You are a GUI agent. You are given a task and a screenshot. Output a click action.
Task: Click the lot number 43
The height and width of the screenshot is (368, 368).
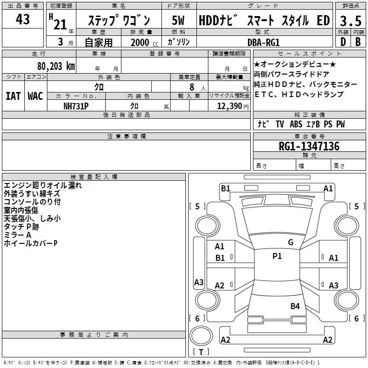[23, 20]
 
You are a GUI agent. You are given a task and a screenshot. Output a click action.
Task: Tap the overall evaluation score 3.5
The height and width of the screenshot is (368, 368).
[350, 21]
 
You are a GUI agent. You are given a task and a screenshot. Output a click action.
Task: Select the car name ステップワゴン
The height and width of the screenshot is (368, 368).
[119, 21]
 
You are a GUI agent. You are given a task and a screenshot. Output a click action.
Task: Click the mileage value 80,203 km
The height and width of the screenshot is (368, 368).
[56, 66]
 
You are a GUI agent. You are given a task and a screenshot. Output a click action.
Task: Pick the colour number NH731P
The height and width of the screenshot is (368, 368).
[76, 105]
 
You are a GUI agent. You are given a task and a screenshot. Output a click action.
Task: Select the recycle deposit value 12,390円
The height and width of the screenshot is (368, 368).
[229, 106]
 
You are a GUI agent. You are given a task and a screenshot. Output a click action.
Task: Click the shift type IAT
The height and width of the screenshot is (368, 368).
[13, 96]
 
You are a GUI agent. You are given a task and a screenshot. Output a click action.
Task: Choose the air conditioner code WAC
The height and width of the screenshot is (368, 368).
[35, 96]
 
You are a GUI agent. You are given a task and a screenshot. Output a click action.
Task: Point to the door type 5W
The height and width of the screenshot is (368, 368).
[178, 21]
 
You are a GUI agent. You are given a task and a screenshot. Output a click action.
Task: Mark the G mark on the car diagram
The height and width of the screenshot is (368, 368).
[290, 242]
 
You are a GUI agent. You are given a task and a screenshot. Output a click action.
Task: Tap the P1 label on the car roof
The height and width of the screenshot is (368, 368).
[277, 256]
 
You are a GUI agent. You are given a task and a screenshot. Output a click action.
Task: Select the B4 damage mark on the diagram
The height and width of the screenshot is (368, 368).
[295, 306]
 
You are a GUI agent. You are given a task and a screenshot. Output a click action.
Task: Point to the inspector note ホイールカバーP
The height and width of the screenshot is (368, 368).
[30, 243]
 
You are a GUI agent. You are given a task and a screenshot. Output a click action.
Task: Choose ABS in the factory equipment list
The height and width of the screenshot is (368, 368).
[296, 124]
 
